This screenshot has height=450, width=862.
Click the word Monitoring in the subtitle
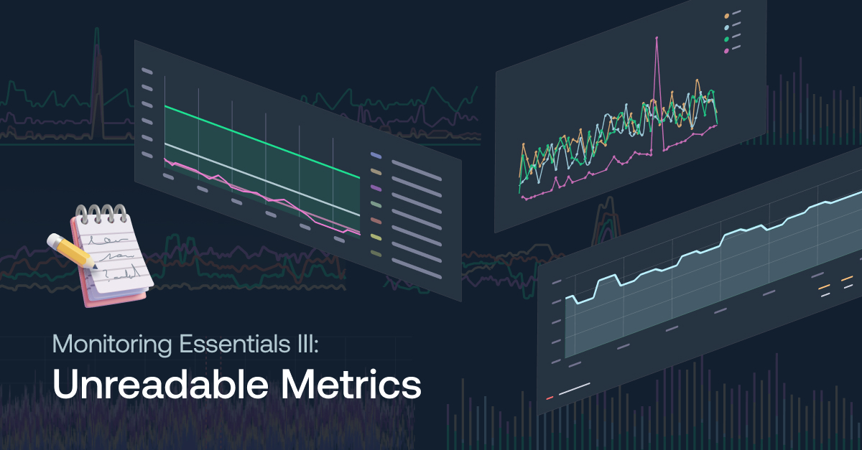click(x=112, y=344)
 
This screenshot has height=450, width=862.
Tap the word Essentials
click(x=235, y=344)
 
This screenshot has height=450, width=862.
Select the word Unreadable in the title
click(x=160, y=384)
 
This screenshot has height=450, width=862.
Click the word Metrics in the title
click(x=351, y=384)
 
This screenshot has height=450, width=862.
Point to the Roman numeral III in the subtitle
click(x=306, y=344)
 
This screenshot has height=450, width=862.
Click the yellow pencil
click(x=72, y=250)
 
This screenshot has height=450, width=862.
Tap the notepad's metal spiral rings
click(x=101, y=213)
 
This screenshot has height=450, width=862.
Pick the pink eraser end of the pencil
click(x=52, y=240)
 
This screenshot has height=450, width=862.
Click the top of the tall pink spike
click(x=657, y=38)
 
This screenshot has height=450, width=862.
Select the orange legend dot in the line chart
click(x=726, y=17)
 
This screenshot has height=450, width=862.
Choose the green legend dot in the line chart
click(x=726, y=39)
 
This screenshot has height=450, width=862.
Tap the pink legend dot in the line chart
click(x=726, y=51)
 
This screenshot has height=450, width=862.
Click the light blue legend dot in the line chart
click(x=726, y=28)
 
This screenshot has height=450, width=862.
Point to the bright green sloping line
click(x=262, y=142)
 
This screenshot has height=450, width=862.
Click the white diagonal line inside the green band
click(x=262, y=179)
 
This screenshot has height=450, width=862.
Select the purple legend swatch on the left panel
click(x=376, y=189)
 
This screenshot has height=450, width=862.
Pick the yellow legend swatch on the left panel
click(x=376, y=238)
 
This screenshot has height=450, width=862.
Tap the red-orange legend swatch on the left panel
click(x=376, y=221)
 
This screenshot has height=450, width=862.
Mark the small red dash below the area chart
click(x=550, y=398)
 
